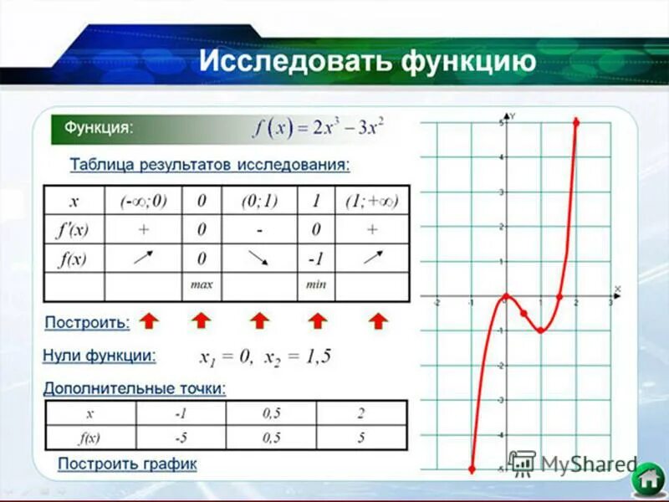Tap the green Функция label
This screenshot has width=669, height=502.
point(99,128)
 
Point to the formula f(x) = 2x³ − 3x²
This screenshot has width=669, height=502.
point(320,130)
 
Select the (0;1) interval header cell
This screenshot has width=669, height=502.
point(259,202)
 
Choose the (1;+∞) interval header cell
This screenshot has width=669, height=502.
point(371,202)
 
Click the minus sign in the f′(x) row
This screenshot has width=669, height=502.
point(259,230)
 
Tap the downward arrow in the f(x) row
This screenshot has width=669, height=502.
point(258,259)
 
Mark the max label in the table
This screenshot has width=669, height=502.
point(202,284)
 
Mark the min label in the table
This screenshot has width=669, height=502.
point(315,284)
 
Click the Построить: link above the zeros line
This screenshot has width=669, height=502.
point(87,321)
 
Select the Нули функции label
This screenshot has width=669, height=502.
point(99,356)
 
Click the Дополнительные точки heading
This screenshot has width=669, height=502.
point(134,388)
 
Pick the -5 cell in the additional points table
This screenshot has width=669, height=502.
point(180,437)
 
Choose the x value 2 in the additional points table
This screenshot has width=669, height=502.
point(360,413)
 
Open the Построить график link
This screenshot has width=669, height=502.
point(127,464)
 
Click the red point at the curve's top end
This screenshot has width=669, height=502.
point(576,122)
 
